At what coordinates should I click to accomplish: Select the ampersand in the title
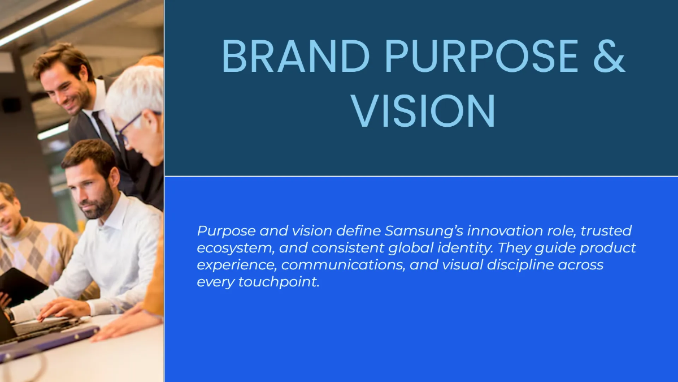(609, 57)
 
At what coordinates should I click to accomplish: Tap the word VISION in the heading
(423, 111)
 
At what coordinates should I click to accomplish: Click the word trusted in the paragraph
(606, 231)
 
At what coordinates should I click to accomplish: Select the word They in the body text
(538, 248)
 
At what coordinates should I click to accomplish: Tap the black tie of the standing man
(105, 130)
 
